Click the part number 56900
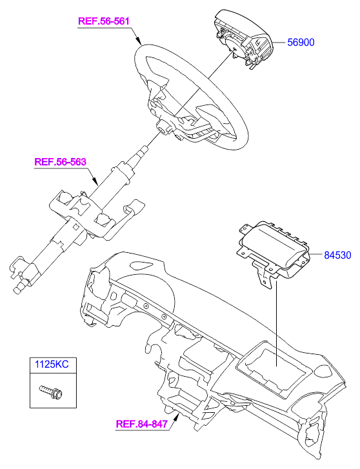[x=301, y=42]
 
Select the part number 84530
[x=337, y=255]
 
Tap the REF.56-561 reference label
[x=103, y=21]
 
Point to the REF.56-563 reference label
[x=61, y=162]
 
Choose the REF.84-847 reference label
[x=141, y=424]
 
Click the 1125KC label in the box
[x=52, y=364]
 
